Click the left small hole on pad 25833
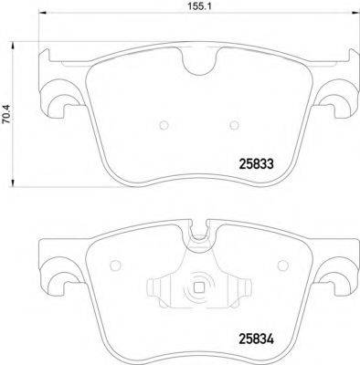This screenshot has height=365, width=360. [161, 126]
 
